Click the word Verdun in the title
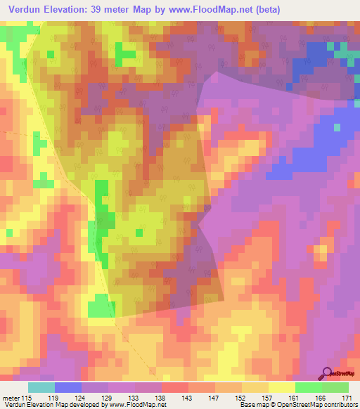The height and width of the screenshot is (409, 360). tap(27, 9)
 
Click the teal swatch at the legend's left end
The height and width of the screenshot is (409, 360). tap(41, 387)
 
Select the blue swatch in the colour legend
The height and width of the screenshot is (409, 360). tap(67, 387)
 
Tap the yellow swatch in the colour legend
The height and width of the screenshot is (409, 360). tap(281, 387)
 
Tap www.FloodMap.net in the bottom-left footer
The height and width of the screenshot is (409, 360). tap(136, 405)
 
